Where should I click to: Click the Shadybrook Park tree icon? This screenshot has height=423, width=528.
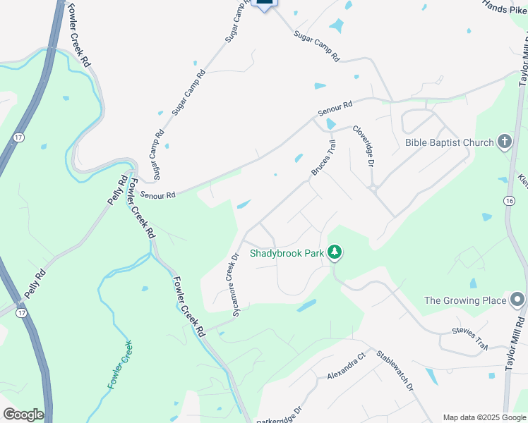(335, 252)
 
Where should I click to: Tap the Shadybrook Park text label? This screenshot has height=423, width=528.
(284, 252)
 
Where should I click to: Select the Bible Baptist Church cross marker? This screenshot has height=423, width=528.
(504, 142)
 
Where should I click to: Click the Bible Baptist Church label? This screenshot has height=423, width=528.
(449, 142)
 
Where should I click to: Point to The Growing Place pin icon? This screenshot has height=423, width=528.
(517, 300)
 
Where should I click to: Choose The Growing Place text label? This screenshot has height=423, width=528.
(464, 300)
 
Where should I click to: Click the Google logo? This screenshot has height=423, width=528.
(23, 415)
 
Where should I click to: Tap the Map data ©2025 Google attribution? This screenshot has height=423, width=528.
(484, 417)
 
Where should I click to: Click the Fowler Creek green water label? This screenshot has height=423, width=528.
(119, 364)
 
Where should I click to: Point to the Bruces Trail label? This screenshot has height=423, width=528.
(323, 158)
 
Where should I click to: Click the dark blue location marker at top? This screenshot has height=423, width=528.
(264, 4)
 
